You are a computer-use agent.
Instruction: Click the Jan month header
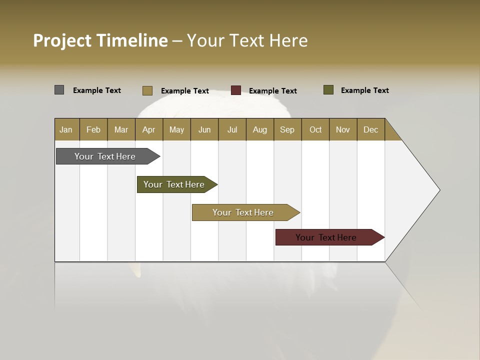pyautogui.click(x=66, y=129)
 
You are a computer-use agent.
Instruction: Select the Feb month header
pyautogui.click(x=93, y=129)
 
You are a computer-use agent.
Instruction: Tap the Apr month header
pyautogui.click(x=148, y=129)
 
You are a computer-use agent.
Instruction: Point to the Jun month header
pyautogui.click(x=204, y=129)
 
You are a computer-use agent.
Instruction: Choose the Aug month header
pyautogui.click(x=260, y=129)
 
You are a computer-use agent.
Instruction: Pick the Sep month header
pyautogui.click(x=287, y=129)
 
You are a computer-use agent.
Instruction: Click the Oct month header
pyautogui.click(x=315, y=129)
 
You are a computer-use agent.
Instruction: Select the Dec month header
pyautogui.click(x=370, y=129)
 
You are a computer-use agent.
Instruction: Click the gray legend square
pyautogui.click(x=59, y=90)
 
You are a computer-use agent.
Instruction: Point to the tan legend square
pyautogui.click(x=147, y=90)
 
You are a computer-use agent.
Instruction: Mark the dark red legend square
pyautogui.click(x=236, y=90)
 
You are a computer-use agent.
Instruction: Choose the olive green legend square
pyautogui.click(x=328, y=90)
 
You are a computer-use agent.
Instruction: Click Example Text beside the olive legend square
pyautogui.click(x=364, y=90)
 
